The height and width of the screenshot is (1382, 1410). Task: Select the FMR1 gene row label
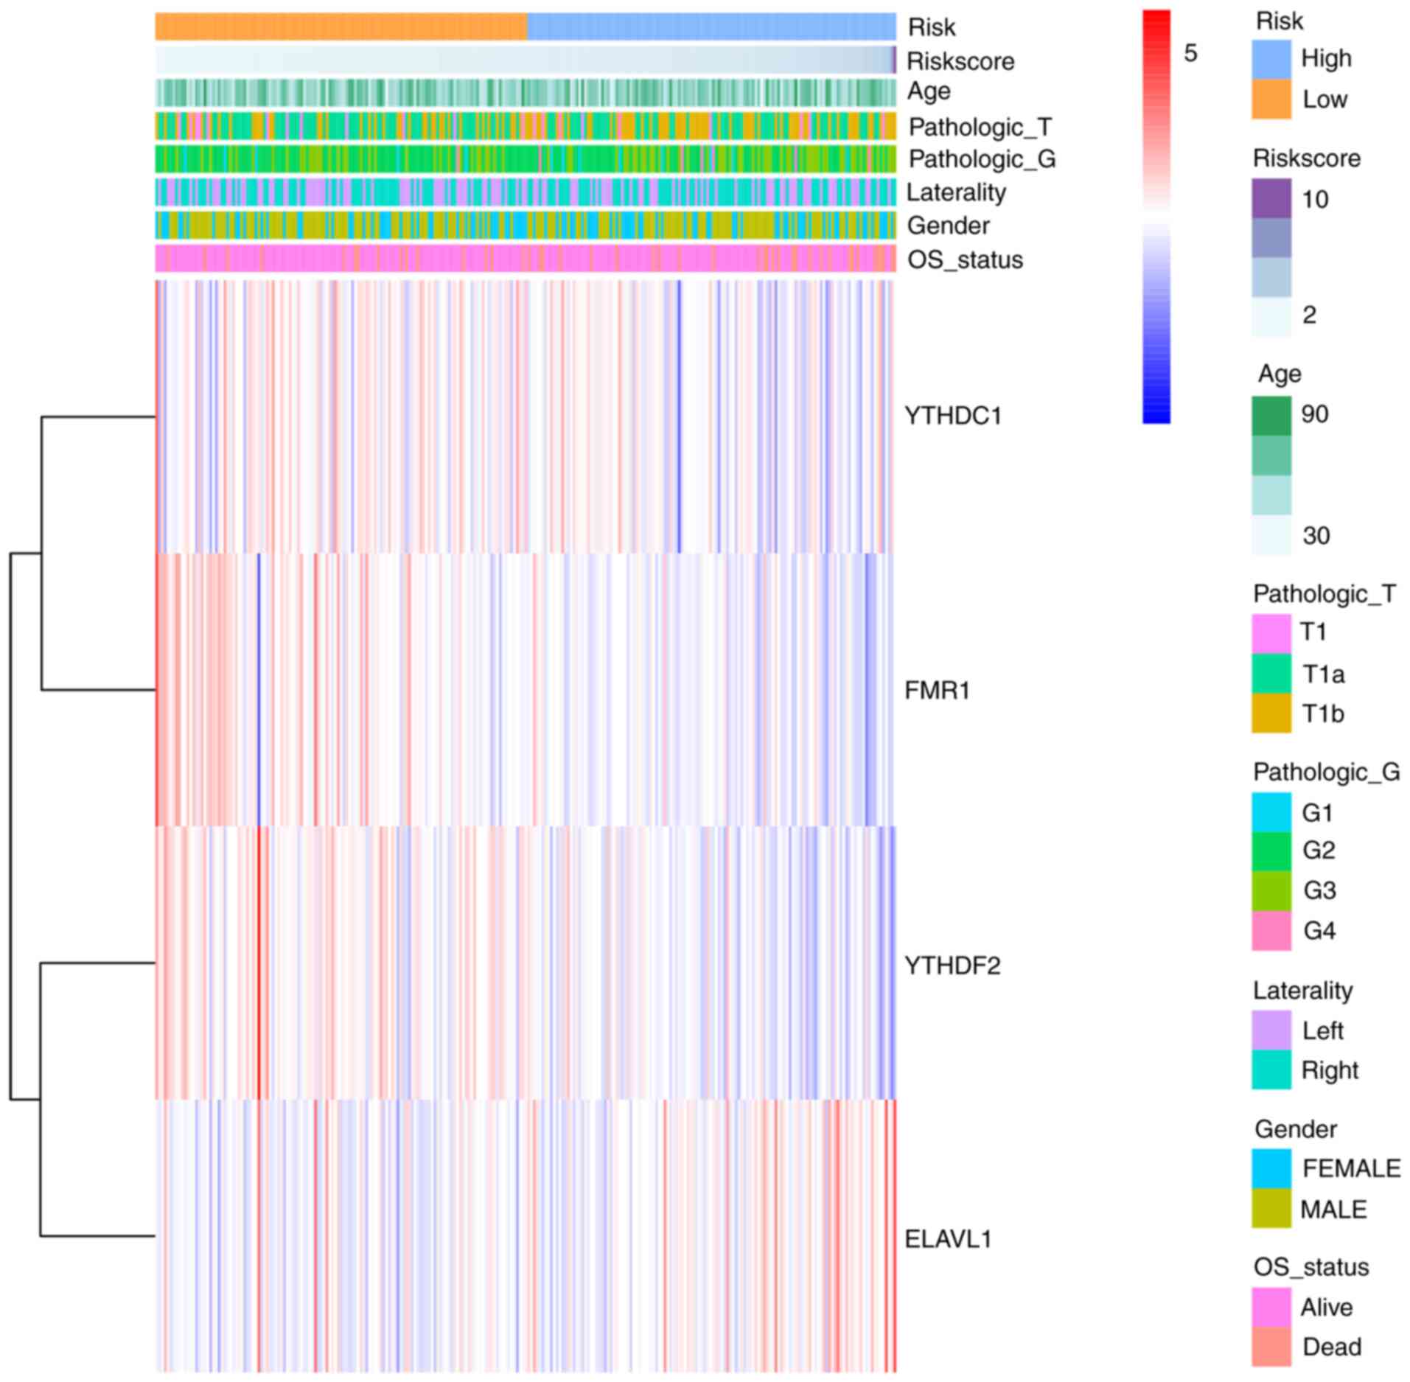(936, 691)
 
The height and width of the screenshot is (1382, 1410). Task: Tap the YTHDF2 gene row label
(952, 965)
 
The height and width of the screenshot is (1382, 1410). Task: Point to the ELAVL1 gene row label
(947, 1239)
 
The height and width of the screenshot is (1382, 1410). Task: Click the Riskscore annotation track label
(960, 61)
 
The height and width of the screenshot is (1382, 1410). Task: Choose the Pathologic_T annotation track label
(980, 127)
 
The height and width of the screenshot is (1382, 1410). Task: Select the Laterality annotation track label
(955, 192)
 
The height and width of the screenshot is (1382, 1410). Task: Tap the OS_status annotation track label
(964, 259)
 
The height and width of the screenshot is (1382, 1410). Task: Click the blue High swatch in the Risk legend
(1271, 59)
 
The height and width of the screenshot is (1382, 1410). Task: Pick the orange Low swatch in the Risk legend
(1271, 99)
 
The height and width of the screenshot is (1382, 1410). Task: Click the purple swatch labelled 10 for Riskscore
(1271, 198)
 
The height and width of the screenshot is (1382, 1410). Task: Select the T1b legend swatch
(1271, 713)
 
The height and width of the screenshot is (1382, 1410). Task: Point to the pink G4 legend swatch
(1271, 930)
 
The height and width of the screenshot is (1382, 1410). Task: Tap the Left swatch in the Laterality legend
(1271, 1030)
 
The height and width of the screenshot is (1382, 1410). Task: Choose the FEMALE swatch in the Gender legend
(1271, 1168)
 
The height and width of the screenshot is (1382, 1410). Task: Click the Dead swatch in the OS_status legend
(1271, 1347)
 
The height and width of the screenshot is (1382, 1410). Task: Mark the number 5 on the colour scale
(1190, 53)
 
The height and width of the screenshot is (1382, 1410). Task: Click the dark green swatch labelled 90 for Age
(1271, 416)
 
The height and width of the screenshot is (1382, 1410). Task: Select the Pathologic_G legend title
(1326, 772)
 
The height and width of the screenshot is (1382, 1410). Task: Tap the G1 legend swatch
(1271, 812)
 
